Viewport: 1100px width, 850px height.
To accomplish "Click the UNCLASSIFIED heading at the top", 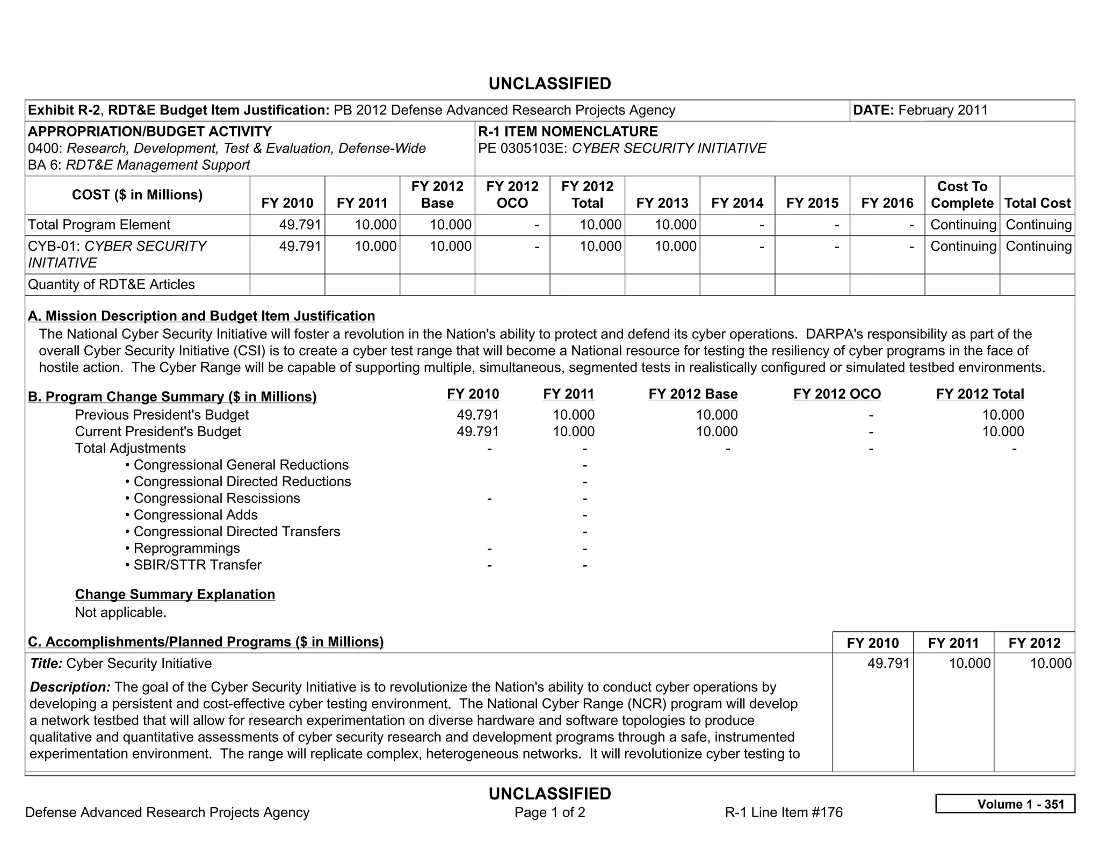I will (x=549, y=84).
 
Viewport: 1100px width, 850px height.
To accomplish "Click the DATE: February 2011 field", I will (x=920, y=110).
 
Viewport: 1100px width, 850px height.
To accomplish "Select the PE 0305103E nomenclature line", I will (x=621, y=148).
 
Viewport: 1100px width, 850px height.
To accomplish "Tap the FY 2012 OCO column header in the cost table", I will (x=512, y=195).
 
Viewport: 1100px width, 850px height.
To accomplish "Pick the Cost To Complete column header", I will (x=961, y=195).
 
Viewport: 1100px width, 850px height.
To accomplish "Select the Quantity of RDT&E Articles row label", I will (x=111, y=284).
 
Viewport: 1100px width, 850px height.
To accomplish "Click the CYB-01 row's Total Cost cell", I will (x=1038, y=246).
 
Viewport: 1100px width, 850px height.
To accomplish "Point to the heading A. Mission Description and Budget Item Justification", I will (x=201, y=316).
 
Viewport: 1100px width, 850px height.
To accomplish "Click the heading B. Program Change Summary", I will (x=172, y=397).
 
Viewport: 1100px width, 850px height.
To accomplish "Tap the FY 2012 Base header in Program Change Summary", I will (x=692, y=394).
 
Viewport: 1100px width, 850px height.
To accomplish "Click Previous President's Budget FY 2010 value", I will (x=477, y=415).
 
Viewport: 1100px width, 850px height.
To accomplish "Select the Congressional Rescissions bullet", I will (x=216, y=498).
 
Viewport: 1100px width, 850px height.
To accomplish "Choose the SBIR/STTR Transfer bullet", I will (x=197, y=565).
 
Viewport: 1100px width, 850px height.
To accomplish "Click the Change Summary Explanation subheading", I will (x=175, y=594).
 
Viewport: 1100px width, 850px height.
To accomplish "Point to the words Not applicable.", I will (x=121, y=613).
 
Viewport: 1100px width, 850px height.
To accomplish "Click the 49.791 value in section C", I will (x=888, y=663).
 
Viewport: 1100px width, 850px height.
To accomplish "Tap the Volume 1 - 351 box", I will (x=1004, y=804).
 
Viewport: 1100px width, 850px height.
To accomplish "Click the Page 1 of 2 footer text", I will (x=549, y=812).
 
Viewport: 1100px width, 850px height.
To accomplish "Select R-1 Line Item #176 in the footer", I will (x=783, y=812).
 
